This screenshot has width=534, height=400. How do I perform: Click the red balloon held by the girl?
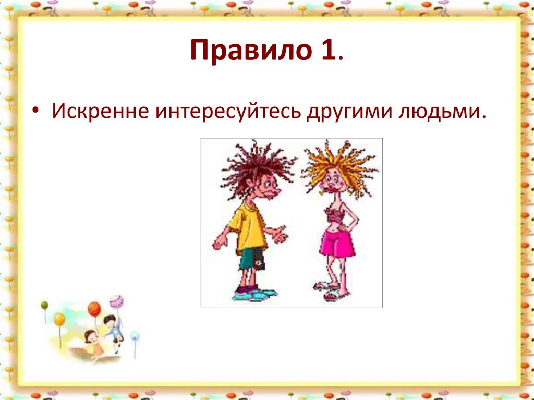[x=94, y=309]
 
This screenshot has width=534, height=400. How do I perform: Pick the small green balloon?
[x=44, y=305]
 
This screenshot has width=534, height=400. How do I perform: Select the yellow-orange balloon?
[x=59, y=318]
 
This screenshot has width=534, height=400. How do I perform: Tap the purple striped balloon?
[x=116, y=301]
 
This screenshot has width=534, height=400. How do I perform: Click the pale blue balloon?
[x=135, y=336]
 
